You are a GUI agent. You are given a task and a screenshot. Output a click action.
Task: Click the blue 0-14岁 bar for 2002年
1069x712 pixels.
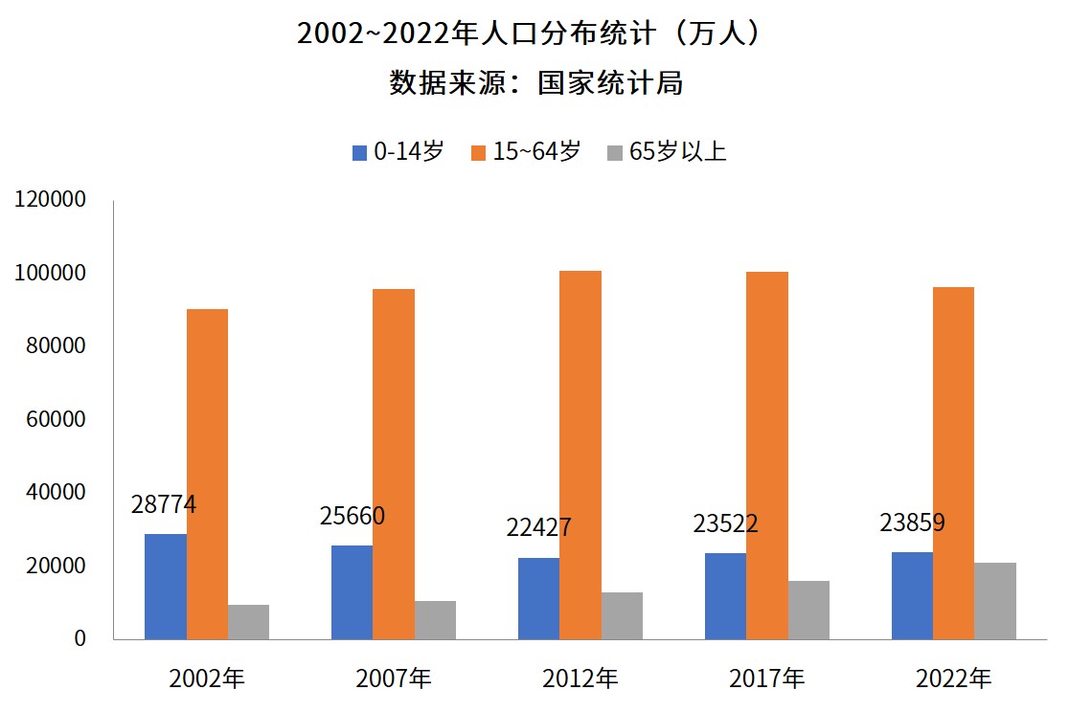pyautogui.click(x=166, y=586)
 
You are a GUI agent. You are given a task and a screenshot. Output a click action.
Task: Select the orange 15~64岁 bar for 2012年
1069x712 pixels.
pyautogui.click(x=580, y=455)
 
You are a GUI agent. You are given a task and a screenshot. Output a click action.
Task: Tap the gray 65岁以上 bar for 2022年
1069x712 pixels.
pyautogui.click(x=995, y=600)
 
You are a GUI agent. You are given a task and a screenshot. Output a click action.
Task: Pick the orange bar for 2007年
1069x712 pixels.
pyautogui.click(x=394, y=463)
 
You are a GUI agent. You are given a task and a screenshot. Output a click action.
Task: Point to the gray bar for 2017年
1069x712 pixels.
pyautogui.click(x=808, y=610)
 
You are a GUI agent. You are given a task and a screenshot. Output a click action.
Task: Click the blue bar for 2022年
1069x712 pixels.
pyautogui.click(x=912, y=594)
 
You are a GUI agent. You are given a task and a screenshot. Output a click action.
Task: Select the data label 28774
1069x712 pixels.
pyautogui.click(x=164, y=505)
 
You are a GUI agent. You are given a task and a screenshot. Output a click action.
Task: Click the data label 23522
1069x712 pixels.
pyautogui.click(x=725, y=524)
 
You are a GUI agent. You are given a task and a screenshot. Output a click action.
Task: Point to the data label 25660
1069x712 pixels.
pyautogui.click(x=352, y=517)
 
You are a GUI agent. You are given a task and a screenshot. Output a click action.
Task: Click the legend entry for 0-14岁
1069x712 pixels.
pyautogui.click(x=398, y=152)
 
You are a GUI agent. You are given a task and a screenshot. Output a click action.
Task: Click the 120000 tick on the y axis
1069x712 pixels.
pyautogui.click(x=50, y=200)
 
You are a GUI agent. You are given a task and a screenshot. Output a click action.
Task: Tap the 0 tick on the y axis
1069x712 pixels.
pyautogui.click(x=80, y=638)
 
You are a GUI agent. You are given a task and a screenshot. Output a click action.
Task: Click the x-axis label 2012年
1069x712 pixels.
pyautogui.click(x=580, y=679)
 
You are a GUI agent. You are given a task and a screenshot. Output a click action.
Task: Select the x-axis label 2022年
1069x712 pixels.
pyautogui.click(x=954, y=679)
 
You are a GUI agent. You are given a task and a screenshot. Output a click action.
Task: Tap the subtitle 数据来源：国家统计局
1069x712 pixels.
pyautogui.click(x=535, y=83)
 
